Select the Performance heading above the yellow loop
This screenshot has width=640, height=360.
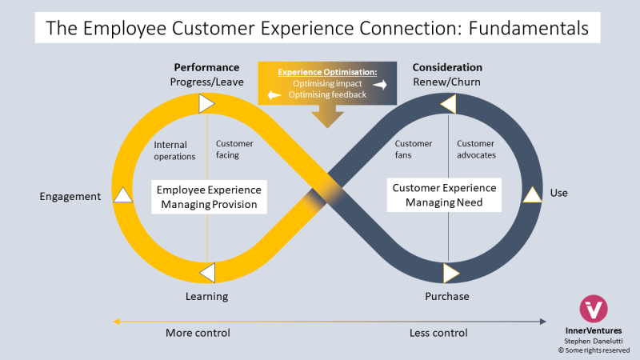tap(206, 67)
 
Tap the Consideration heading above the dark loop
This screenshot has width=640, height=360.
tap(447, 67)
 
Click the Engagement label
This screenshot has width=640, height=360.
tap(70, 196)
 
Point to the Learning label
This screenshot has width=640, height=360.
tap(206, 296)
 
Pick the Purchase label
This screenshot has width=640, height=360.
tap(446, 296)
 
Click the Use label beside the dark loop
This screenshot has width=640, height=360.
tap(558, 193)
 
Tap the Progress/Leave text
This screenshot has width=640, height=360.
tap(206, 82)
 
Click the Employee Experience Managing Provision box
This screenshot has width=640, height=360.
tap(207, 197)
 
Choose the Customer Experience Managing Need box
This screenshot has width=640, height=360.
tap(444, 195)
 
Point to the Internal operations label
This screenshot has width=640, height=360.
tap(174, 150)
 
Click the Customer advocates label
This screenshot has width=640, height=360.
tap(476, 149)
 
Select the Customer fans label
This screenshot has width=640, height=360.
tap(414, 149)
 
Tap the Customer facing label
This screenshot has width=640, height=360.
tap(234, 149)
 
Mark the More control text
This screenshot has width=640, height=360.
tap(198, 333)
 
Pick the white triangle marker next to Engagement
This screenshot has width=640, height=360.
tap(122, 194)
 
